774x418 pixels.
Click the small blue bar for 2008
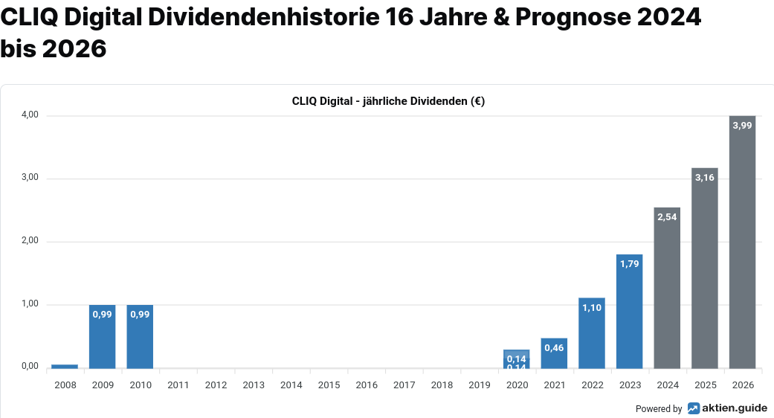pyautogui.click(x=65, y=366)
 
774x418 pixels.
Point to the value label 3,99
pyautogui.click(x=742, y=126)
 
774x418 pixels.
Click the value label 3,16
pyautogui.click(x=704, y=178)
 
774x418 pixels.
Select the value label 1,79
pyautogui.click(x=629, y=264)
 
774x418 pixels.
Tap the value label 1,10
pyautogui.click(x=591, y=308)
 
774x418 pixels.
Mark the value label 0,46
pyautogui.click(x=554, y=348)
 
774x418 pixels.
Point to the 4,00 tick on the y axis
pyautogui.click(x=30, y=115)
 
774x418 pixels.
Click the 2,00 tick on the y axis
pyautogui.click(x=30, y=242)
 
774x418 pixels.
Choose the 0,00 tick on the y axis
pyautogui.click(x=30, y=366)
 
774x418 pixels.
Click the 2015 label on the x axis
pyautogui.click(x=329, y=385)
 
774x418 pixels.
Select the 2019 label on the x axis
pyautogui.click(x=480, y=385)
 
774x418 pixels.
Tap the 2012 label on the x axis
pyautogui.click(x=216, y=385)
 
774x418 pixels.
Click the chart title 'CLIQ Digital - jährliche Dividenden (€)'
pyautogui.click(x=388, y=102)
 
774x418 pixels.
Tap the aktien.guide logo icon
pyautogui.click(x=693, y=408)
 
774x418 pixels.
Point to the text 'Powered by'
pyautogui.click(x=659, y=409)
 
